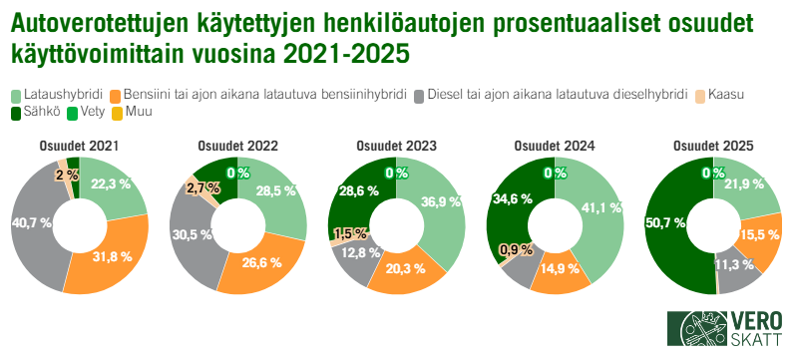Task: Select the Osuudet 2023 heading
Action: click(396, 146)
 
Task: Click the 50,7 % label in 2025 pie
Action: click(667, 223)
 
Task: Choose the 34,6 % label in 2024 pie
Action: click(508, 199)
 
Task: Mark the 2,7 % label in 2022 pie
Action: click(202, 187)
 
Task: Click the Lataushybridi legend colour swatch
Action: click(17, 96)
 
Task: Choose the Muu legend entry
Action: click(138, 113)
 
